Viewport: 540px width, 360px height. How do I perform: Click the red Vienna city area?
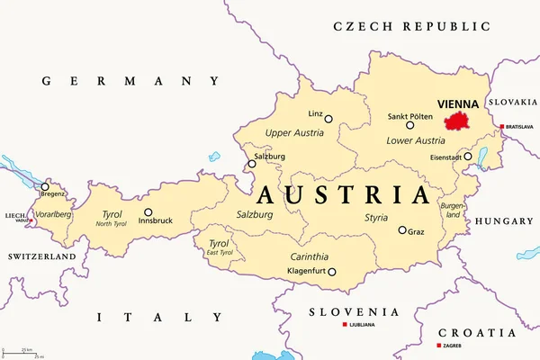point(458,121)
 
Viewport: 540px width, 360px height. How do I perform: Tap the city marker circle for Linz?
point(328,119)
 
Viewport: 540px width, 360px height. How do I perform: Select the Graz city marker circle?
point(402,229)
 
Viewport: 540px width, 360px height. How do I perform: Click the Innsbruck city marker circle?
point(148,212)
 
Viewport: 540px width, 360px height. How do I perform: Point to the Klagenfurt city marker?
point(332,272)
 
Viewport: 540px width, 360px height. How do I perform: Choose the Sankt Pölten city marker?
point(409,125)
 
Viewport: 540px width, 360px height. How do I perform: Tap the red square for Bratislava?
point(502,127)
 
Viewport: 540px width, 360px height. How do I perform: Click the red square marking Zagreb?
point(438,346)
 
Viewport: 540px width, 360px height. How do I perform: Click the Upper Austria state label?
point(294,133)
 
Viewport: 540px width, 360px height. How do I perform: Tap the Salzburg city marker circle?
point(251,165)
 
